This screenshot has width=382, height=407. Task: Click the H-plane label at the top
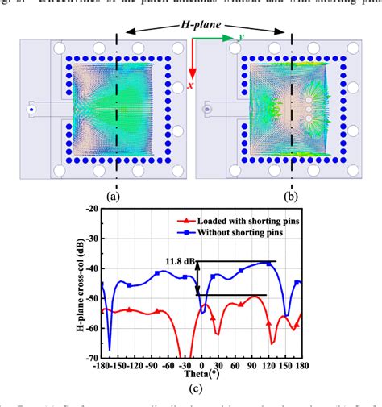(x=203, y=27)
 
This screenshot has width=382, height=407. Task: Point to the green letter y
(x=240, y=38)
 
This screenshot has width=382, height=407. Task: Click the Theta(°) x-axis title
(x=193, y=374)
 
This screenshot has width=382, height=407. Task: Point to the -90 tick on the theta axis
(x=151, y=365)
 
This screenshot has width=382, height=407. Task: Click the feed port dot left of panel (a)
(x=31, y=108)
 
